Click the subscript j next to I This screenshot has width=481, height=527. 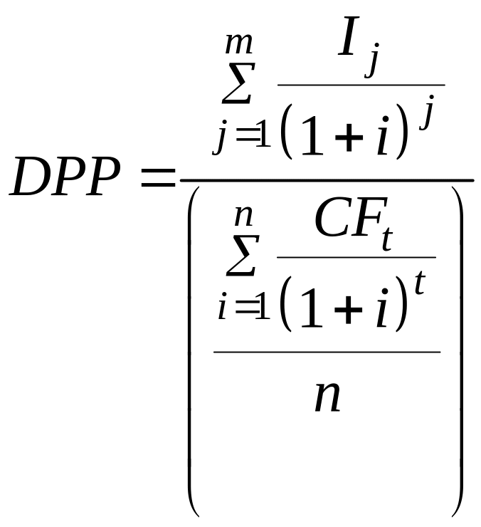click(371, 65)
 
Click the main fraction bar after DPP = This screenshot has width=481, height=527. click(327, 180)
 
